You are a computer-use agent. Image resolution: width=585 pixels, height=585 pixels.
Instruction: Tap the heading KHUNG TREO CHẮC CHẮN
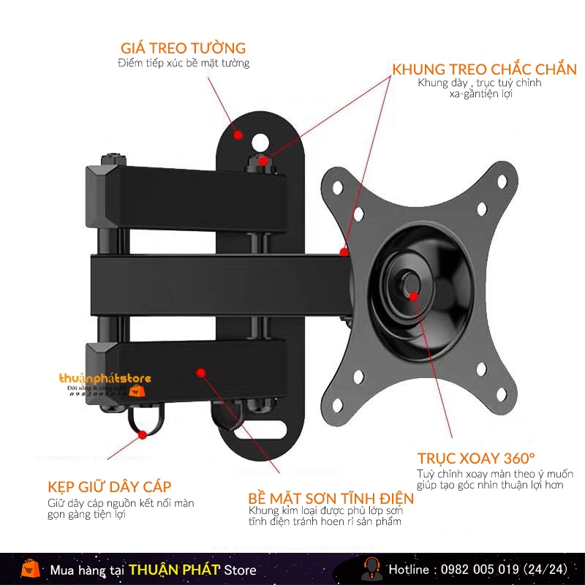pos(484,69)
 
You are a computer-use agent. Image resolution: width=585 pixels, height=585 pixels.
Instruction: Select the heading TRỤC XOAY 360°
pos(476,458)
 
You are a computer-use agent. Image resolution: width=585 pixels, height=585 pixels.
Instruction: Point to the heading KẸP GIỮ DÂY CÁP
pos(110,487)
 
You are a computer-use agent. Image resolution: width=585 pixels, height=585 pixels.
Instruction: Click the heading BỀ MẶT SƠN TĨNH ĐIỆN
pos(331,498)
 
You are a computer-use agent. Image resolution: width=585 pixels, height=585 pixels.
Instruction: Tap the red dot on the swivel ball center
pos(414,296)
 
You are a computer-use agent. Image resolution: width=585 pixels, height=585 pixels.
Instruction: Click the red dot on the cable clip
pos(143,434)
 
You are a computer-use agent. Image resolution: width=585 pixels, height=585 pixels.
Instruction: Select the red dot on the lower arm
pos(201,372)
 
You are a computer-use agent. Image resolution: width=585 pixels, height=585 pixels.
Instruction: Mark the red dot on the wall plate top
pos(238,135)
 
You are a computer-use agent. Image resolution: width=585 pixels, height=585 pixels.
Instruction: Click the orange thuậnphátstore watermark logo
pos(105,380)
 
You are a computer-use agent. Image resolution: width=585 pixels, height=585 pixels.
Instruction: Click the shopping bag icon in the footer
pos(30,568)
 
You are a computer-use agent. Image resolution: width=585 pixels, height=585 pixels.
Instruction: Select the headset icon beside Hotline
pos(371,568)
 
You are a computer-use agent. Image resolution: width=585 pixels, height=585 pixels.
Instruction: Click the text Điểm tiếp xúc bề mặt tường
pos(184,63)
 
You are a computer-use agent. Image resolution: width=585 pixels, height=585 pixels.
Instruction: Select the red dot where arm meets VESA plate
pos(344,252)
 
